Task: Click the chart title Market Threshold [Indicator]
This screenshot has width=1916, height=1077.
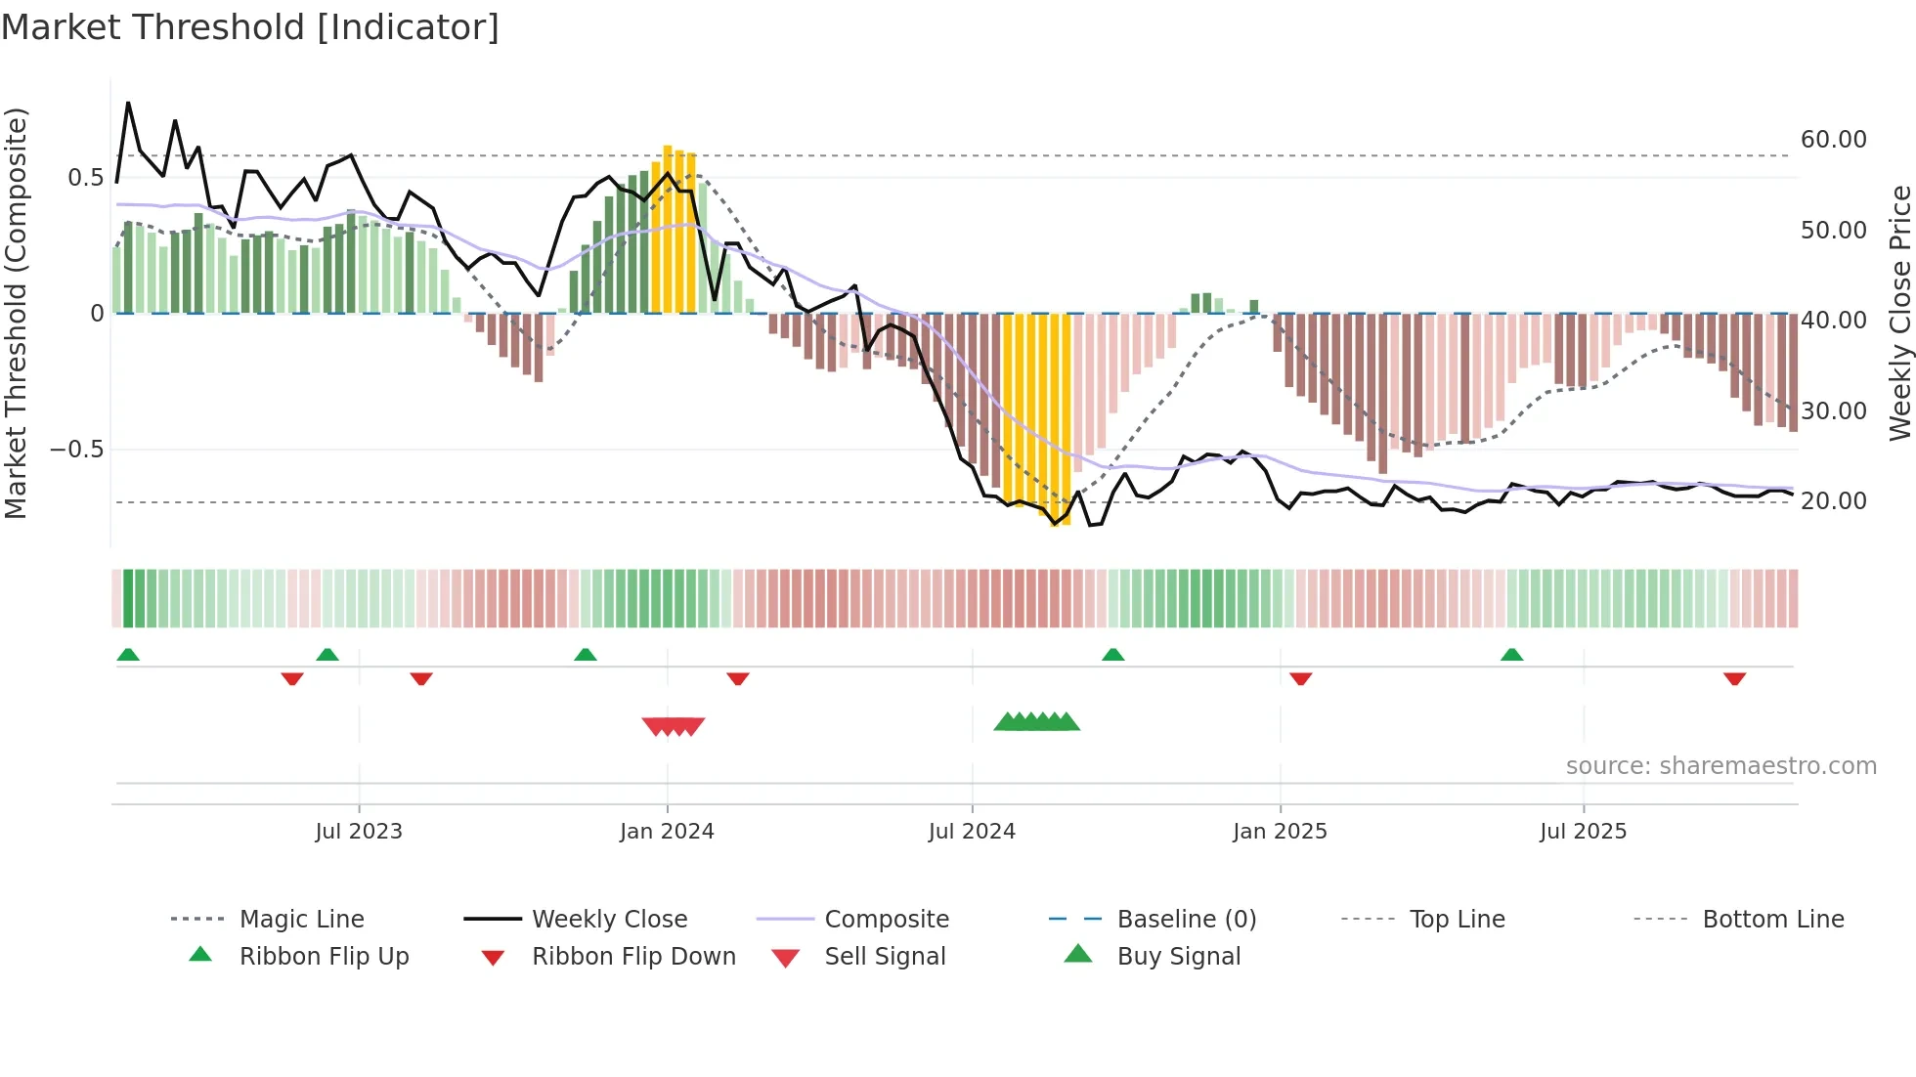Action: tap(250, 27)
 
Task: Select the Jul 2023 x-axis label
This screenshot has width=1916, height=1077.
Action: tap(359, 832)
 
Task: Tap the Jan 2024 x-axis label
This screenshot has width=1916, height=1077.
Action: tap(667, 832)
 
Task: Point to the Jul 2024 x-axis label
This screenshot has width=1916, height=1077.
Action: tap(972, 832)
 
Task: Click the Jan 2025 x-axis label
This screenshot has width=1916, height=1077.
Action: tap(1280, 832)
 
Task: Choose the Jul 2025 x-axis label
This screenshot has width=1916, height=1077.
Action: tap(1583, 832)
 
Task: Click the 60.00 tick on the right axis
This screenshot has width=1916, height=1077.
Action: tap(1833, 140)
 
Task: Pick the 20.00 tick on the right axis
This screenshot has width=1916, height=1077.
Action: tap(1833, 501)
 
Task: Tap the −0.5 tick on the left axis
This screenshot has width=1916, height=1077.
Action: tap(76, 450)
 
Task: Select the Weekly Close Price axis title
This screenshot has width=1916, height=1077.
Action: tap(1899, 313)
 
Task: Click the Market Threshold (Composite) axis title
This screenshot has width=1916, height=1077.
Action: tap(16, 313)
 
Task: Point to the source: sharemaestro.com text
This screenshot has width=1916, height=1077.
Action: tap(1720, 766)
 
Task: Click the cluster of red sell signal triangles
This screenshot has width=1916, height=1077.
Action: tap(674, 726)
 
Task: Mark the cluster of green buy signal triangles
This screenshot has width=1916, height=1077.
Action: tap(1037, 722)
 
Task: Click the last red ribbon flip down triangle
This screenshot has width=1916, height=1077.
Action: tap(1734, 678)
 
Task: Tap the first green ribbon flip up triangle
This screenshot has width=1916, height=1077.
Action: tap(128, 655)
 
